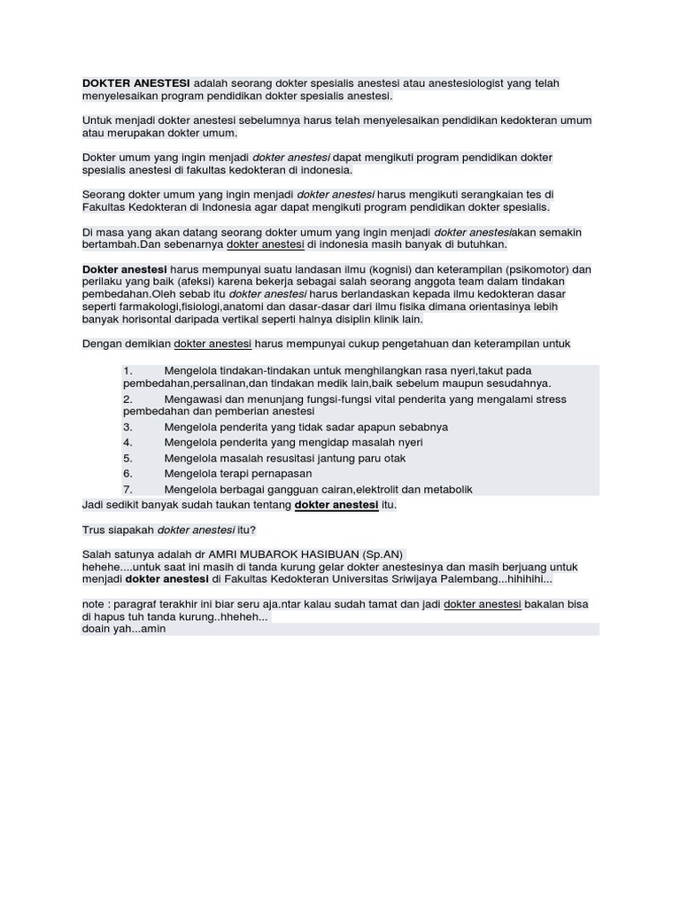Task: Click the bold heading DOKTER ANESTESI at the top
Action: coord(136,83)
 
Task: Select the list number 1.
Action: coord(127,370)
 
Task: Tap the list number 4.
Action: coord(127,442)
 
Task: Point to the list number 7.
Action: coord(127,489)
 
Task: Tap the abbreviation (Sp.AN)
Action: coord(382,554)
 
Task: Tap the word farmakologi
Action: coord(150,306)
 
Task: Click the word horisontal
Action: coord(148,319)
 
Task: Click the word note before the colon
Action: coord(94,604)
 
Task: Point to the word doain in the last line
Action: coord(96,629)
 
